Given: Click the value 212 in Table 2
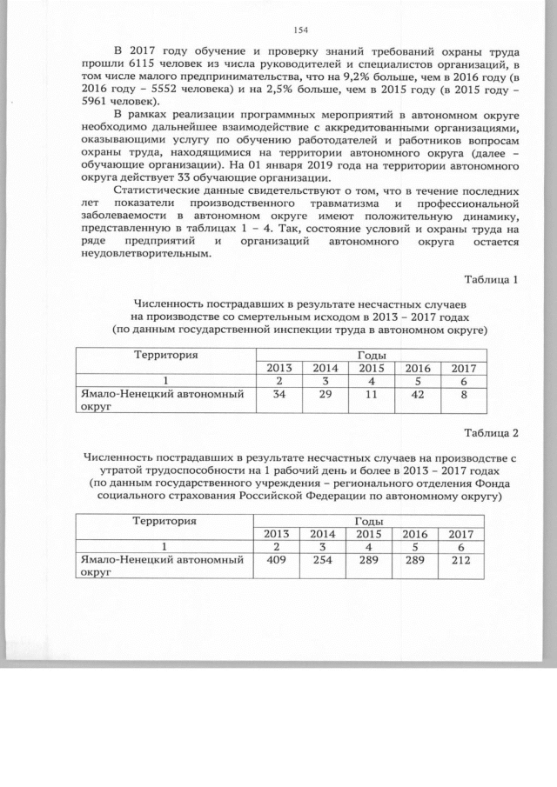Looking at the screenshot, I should (459, 561).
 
